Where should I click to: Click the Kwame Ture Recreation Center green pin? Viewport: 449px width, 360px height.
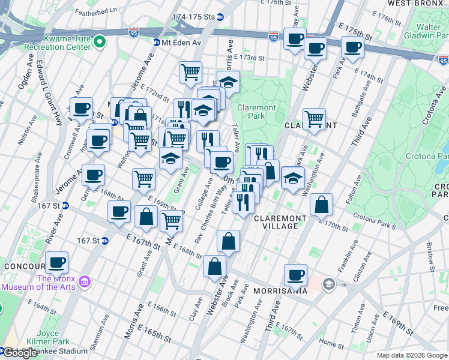pyautogui.click(x=100, y=41)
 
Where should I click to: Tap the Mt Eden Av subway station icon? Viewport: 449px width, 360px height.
pyautogui.click(x=156, y=42)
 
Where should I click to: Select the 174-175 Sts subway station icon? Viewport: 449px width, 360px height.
pyautogui.click(x=220, y=18)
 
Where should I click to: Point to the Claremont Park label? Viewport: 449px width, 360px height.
pyautogui.click(x=256, y=111)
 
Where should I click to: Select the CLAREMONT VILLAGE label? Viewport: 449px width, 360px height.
pyautogui.click(x=276, y=222)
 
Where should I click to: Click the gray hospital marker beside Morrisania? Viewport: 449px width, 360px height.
pyautogui.click(x=328, y=284)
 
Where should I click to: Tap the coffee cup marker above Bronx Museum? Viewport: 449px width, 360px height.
pyautogui.click(x=57, y=262)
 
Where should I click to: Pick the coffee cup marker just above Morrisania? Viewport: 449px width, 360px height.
pyautogui.click(x=295, y=274)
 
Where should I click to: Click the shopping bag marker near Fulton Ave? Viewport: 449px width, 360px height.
pyautogui.click(x=322, y=205)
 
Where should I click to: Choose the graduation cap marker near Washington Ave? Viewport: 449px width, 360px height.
pyautogui.click(x=292, y=178)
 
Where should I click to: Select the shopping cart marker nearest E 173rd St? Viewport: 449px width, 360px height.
pyautogui.click(x=190, y=71)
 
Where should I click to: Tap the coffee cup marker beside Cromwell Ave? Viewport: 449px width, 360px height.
pyautogui.click(x=81, y=109)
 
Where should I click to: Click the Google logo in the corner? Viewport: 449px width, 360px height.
pyautogui.click(x=20, y=353)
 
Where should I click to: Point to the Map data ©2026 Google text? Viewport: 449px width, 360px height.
pyautogui.click(x=412, y=355)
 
